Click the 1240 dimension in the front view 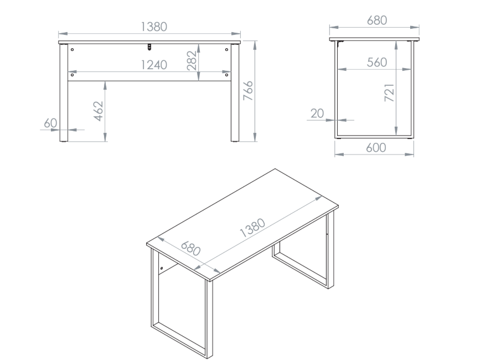click(x=154, y=65)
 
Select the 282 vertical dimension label click(x=192, y=60)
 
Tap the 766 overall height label click(x=248, y=90)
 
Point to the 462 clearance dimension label click(x=99, y=111)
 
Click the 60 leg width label click(x=50, y=123)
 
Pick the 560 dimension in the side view click(x=377, y=63)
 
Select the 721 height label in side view click(x=389, y=92)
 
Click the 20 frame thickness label click(x=317, y=114)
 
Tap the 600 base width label click(x=376, y=147)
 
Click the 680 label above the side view click(x=377, y=20)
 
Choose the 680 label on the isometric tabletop click(x=190, y=249)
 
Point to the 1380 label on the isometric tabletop click(x=252, y=228)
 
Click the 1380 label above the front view click(x=154, y=27)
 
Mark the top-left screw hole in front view click(x=73, y=49)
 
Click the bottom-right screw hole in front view click(x=227, y=75)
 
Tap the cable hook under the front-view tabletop click(x=150, y=47)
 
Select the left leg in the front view click(x=64, y=92)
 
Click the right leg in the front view click(x=235, y=92)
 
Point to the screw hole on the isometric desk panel click(x=162, y=268)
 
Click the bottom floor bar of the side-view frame click(x=374, y=137)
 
